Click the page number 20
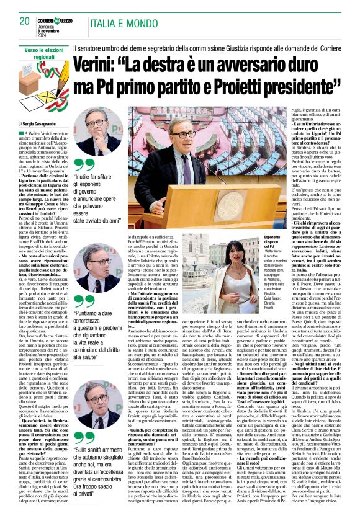(x=25, y=21)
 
